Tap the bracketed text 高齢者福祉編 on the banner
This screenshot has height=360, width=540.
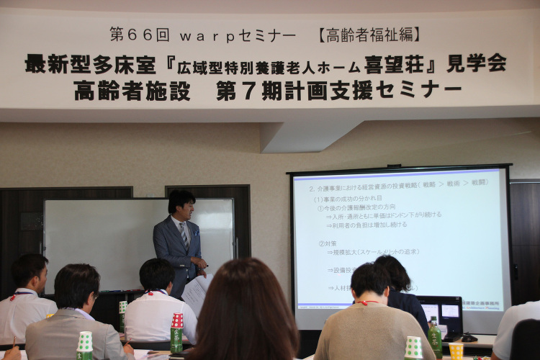(369, 34)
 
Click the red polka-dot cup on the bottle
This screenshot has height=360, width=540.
(177, 320)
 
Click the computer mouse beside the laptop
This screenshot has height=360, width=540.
(469, 337)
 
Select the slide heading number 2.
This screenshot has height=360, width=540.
(312, 188)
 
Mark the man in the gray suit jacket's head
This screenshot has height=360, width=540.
(76, 286)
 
